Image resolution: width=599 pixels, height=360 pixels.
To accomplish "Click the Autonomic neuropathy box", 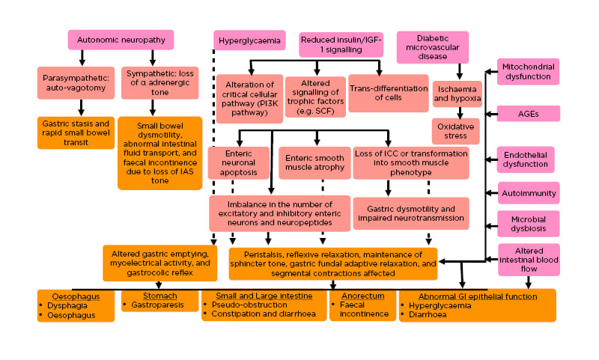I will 121,40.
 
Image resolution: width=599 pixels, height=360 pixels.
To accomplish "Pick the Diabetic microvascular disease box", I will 432,46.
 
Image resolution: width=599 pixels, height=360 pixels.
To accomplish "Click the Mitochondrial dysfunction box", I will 528,72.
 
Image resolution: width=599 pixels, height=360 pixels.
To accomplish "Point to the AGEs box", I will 528,114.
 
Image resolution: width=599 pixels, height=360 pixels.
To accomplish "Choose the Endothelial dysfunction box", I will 528,159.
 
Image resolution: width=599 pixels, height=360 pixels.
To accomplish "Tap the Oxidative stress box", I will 456,131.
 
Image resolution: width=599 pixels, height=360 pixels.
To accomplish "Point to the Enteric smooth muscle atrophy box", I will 315,162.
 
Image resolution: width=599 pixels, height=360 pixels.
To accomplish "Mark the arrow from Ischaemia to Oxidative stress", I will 456,113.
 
